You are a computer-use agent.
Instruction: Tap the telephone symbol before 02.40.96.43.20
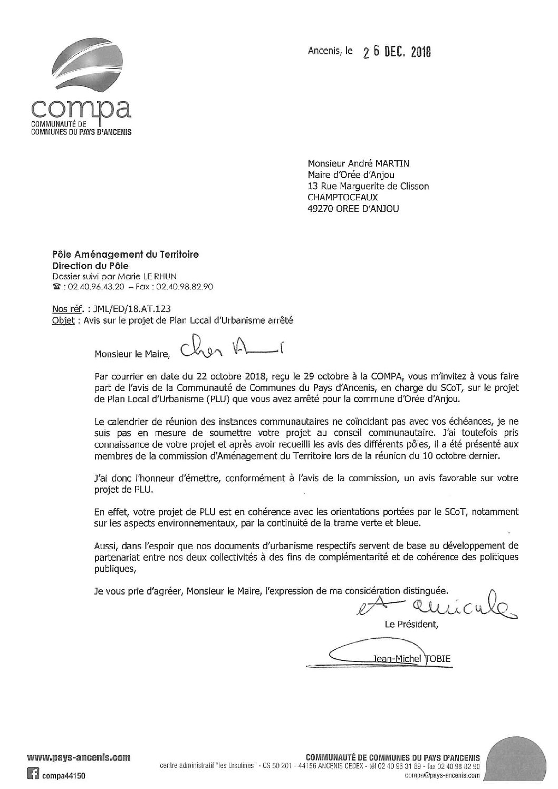[56, 287]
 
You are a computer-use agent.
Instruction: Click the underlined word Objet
[62, 320]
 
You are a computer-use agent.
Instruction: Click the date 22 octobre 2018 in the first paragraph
[191, 377]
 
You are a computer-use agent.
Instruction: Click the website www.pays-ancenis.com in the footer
[79, 758]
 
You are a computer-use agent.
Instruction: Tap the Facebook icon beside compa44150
[34, 775]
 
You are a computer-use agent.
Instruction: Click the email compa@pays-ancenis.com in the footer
[442, 776]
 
